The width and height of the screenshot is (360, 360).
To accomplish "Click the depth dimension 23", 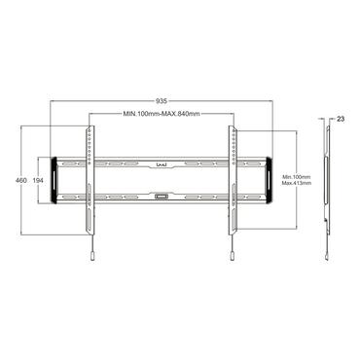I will pyautogui.click(x=340, y=120).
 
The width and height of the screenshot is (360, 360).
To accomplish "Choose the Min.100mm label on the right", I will pyautogui.click(x=294, y=177).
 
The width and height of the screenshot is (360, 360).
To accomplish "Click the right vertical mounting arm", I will pyautogui.click(x=233, y=185).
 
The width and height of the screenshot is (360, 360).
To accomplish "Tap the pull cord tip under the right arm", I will pyautogui.click(x=233, y=255).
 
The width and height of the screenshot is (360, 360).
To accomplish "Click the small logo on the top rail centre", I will pyautogui.click(x=162, y=164).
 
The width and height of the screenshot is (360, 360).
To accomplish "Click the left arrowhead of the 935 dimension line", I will pyautogui.click(x=51, y=105).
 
